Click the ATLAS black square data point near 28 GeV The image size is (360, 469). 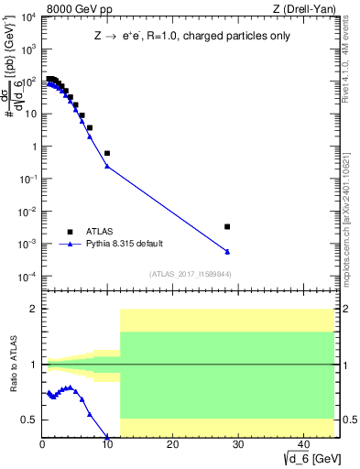pos(227,226)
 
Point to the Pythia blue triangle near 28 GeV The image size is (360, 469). pos(227,251)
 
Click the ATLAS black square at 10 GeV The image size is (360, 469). pos(107,153)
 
